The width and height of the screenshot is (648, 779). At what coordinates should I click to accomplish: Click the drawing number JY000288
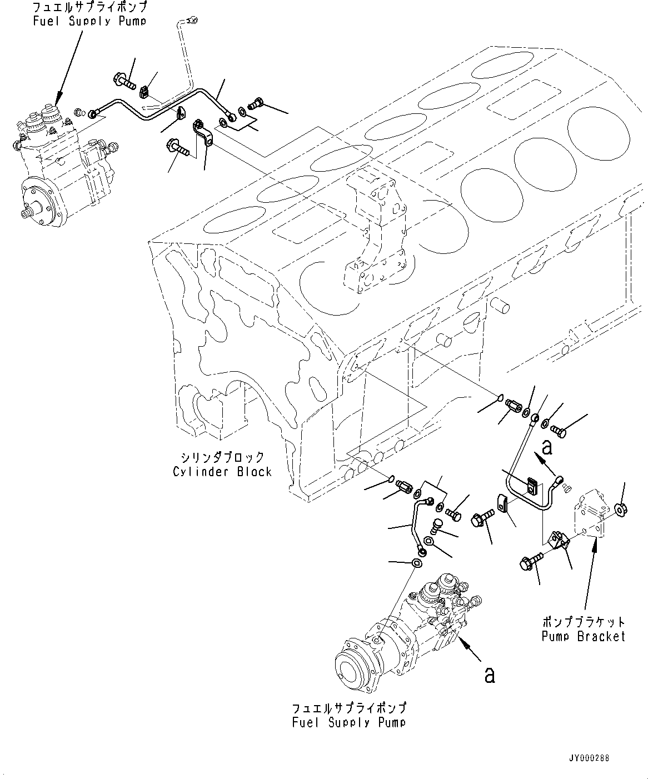pos(589,758)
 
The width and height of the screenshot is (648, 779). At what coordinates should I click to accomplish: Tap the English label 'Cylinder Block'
pos(222,472)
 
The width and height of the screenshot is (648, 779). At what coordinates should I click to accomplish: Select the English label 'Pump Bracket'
pos(584,636)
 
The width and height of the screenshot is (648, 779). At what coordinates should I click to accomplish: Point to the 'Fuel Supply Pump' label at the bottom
pos(349,722)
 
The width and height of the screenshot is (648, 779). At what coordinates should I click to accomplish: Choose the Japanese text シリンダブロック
pos(222,457)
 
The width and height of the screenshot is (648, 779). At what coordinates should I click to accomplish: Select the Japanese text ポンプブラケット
pos(584,622)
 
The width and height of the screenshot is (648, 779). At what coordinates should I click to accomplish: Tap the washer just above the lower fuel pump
pos(416,564)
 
